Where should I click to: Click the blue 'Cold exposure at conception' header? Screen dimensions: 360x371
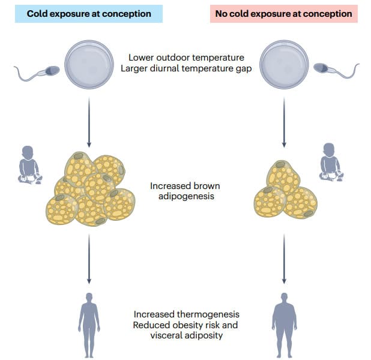pos(89,13)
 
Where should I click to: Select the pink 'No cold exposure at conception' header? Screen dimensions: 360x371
pos(283,13)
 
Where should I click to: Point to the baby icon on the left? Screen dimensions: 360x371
pos(28,164)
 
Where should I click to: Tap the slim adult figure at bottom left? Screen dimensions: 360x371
pos(89,321)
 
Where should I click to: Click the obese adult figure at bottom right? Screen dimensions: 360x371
pos(284,321)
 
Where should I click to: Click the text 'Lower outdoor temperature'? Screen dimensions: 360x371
pos(186,58)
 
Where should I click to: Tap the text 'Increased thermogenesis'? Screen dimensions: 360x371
pos(186,314)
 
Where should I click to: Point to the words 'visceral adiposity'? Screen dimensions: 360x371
pos(186,335)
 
